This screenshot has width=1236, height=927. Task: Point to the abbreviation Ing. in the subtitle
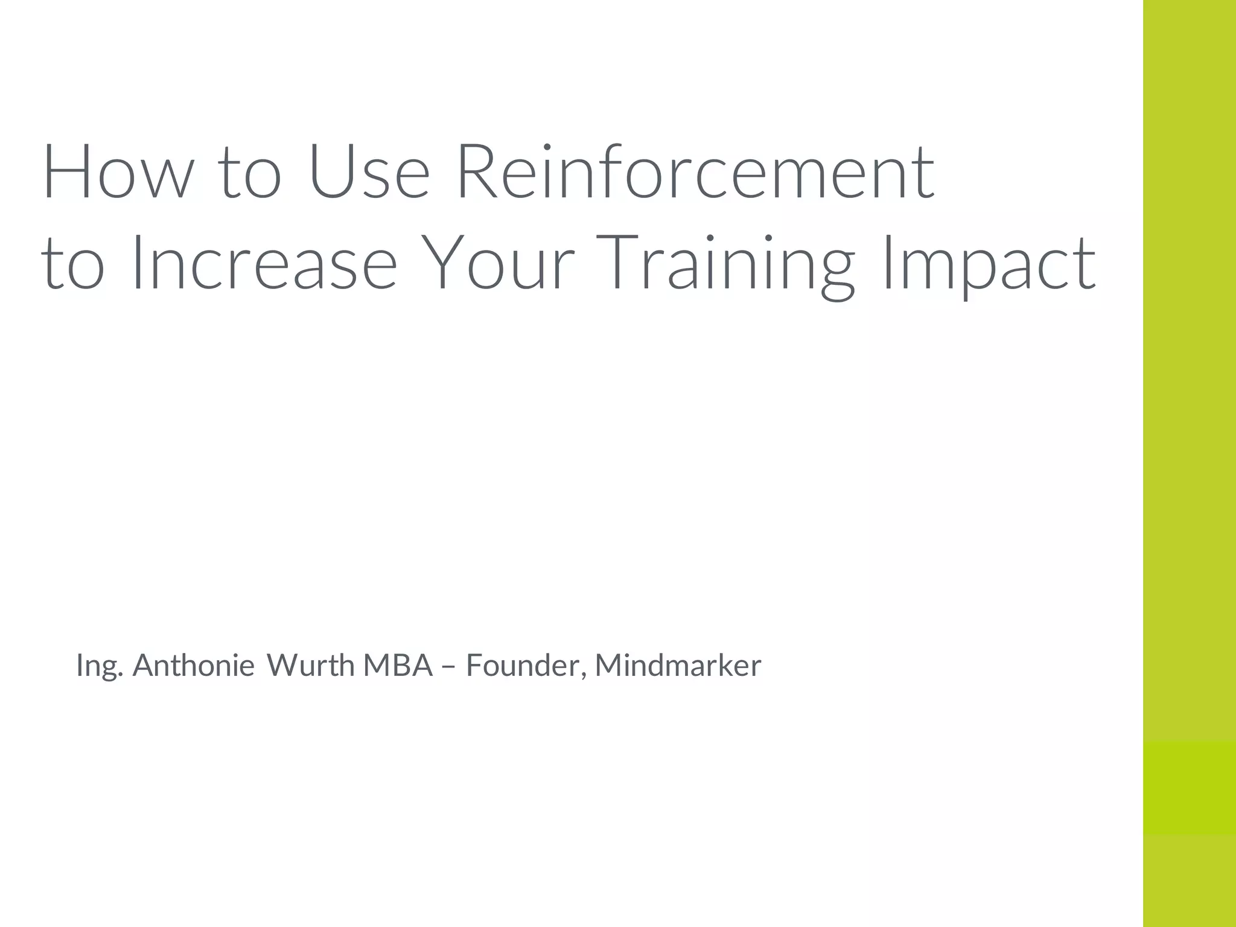point(100,666)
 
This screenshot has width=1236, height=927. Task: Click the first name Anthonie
point(193,665)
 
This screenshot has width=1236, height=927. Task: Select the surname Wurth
point(310,665)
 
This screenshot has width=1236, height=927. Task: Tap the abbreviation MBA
point(398,665)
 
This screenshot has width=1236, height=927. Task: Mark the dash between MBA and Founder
point(449,666)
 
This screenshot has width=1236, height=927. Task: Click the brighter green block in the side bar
point(1189,787)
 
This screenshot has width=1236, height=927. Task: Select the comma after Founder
point(584,675)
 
